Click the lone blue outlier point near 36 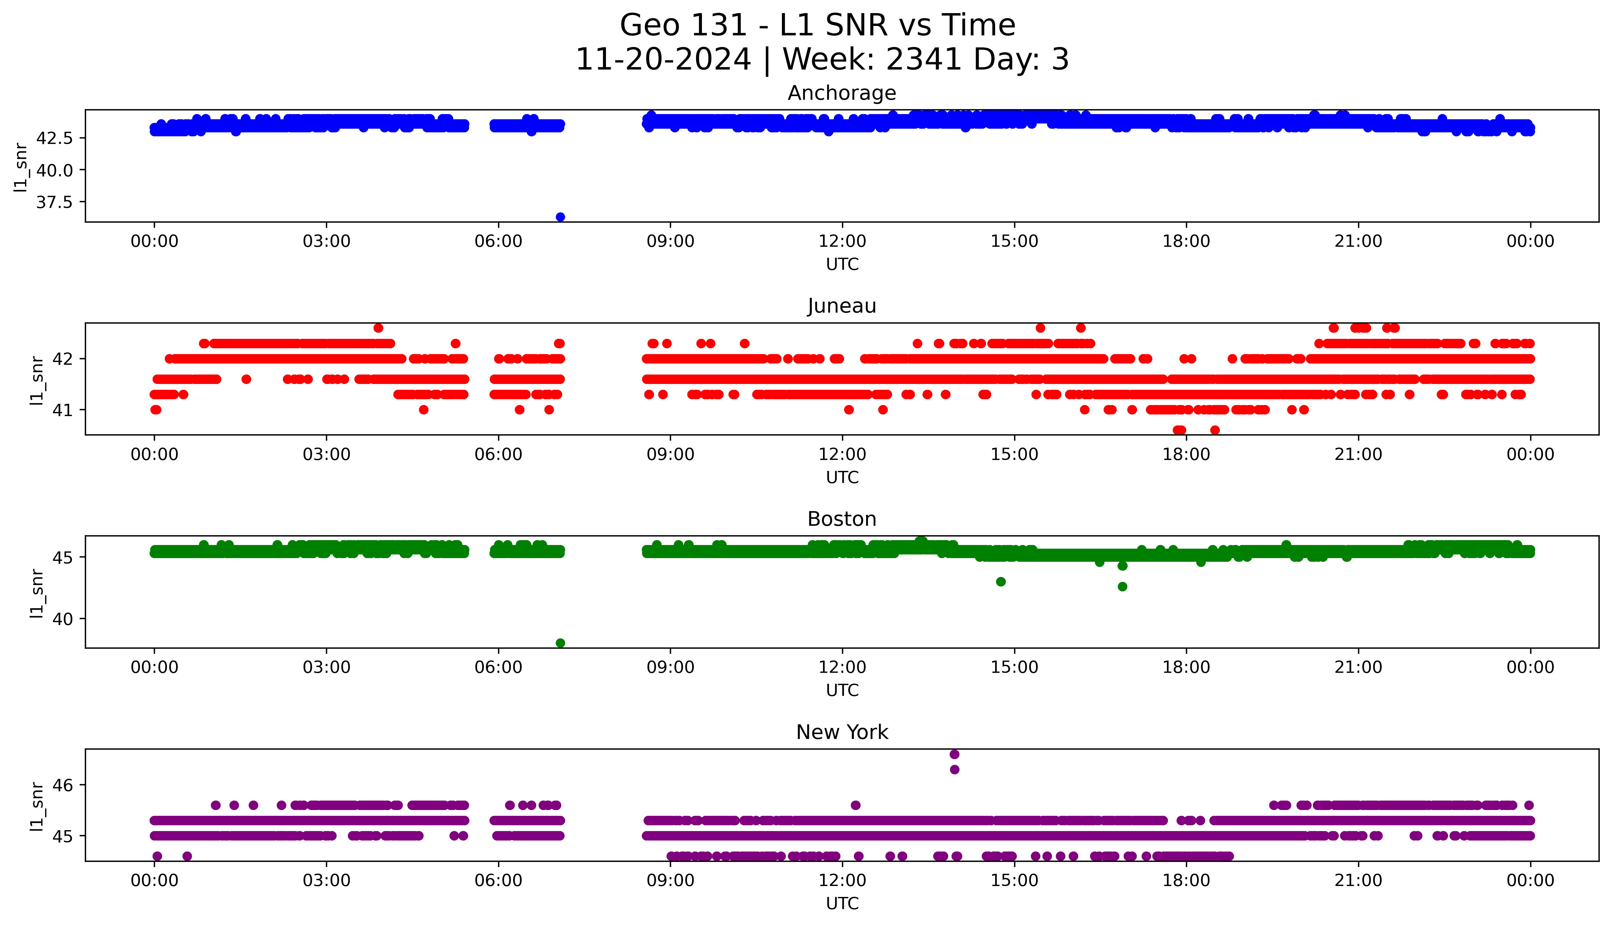[560, 217]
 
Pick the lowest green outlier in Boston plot [560, 643]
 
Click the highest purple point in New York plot [954, 754]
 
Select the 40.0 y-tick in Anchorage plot [55, 170]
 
